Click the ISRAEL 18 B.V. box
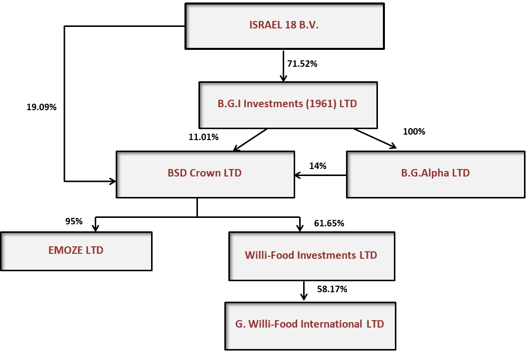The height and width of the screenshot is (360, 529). [x=284, y=26]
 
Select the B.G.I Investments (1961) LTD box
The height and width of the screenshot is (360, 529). [x=288, y=105]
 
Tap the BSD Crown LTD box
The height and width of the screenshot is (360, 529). [x=205, y=175]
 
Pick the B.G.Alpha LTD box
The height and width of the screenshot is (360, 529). [x=436, y=175]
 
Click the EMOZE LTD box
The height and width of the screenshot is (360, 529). [x=76, y=251]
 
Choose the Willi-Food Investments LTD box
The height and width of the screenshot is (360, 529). [x=312, y=256]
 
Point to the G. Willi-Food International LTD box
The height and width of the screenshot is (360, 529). [x=310, y=326]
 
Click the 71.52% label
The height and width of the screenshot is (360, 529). [x=302, y=64]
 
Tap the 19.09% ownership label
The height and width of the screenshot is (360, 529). [x=41, y=107]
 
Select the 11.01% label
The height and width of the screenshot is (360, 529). [x=203, y=137]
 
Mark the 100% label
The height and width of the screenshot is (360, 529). [x=414, y=132]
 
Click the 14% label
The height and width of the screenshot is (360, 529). [x=318, y=166]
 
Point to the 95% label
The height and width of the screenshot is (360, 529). [x=74, y=221]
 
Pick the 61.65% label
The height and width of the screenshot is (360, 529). [x=329, y=223]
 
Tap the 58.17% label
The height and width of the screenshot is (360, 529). [x=332, y=289]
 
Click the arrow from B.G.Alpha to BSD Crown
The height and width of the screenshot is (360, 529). [x=321, y=175]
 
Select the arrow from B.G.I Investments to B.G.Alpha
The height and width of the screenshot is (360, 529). [x=375, y=138]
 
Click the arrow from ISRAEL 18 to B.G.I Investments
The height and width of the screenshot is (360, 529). [x=283, y=66]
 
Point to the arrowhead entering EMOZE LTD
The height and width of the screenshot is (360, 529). [x=95, y=228]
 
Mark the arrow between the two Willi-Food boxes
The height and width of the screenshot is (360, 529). [x=304, y=291]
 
